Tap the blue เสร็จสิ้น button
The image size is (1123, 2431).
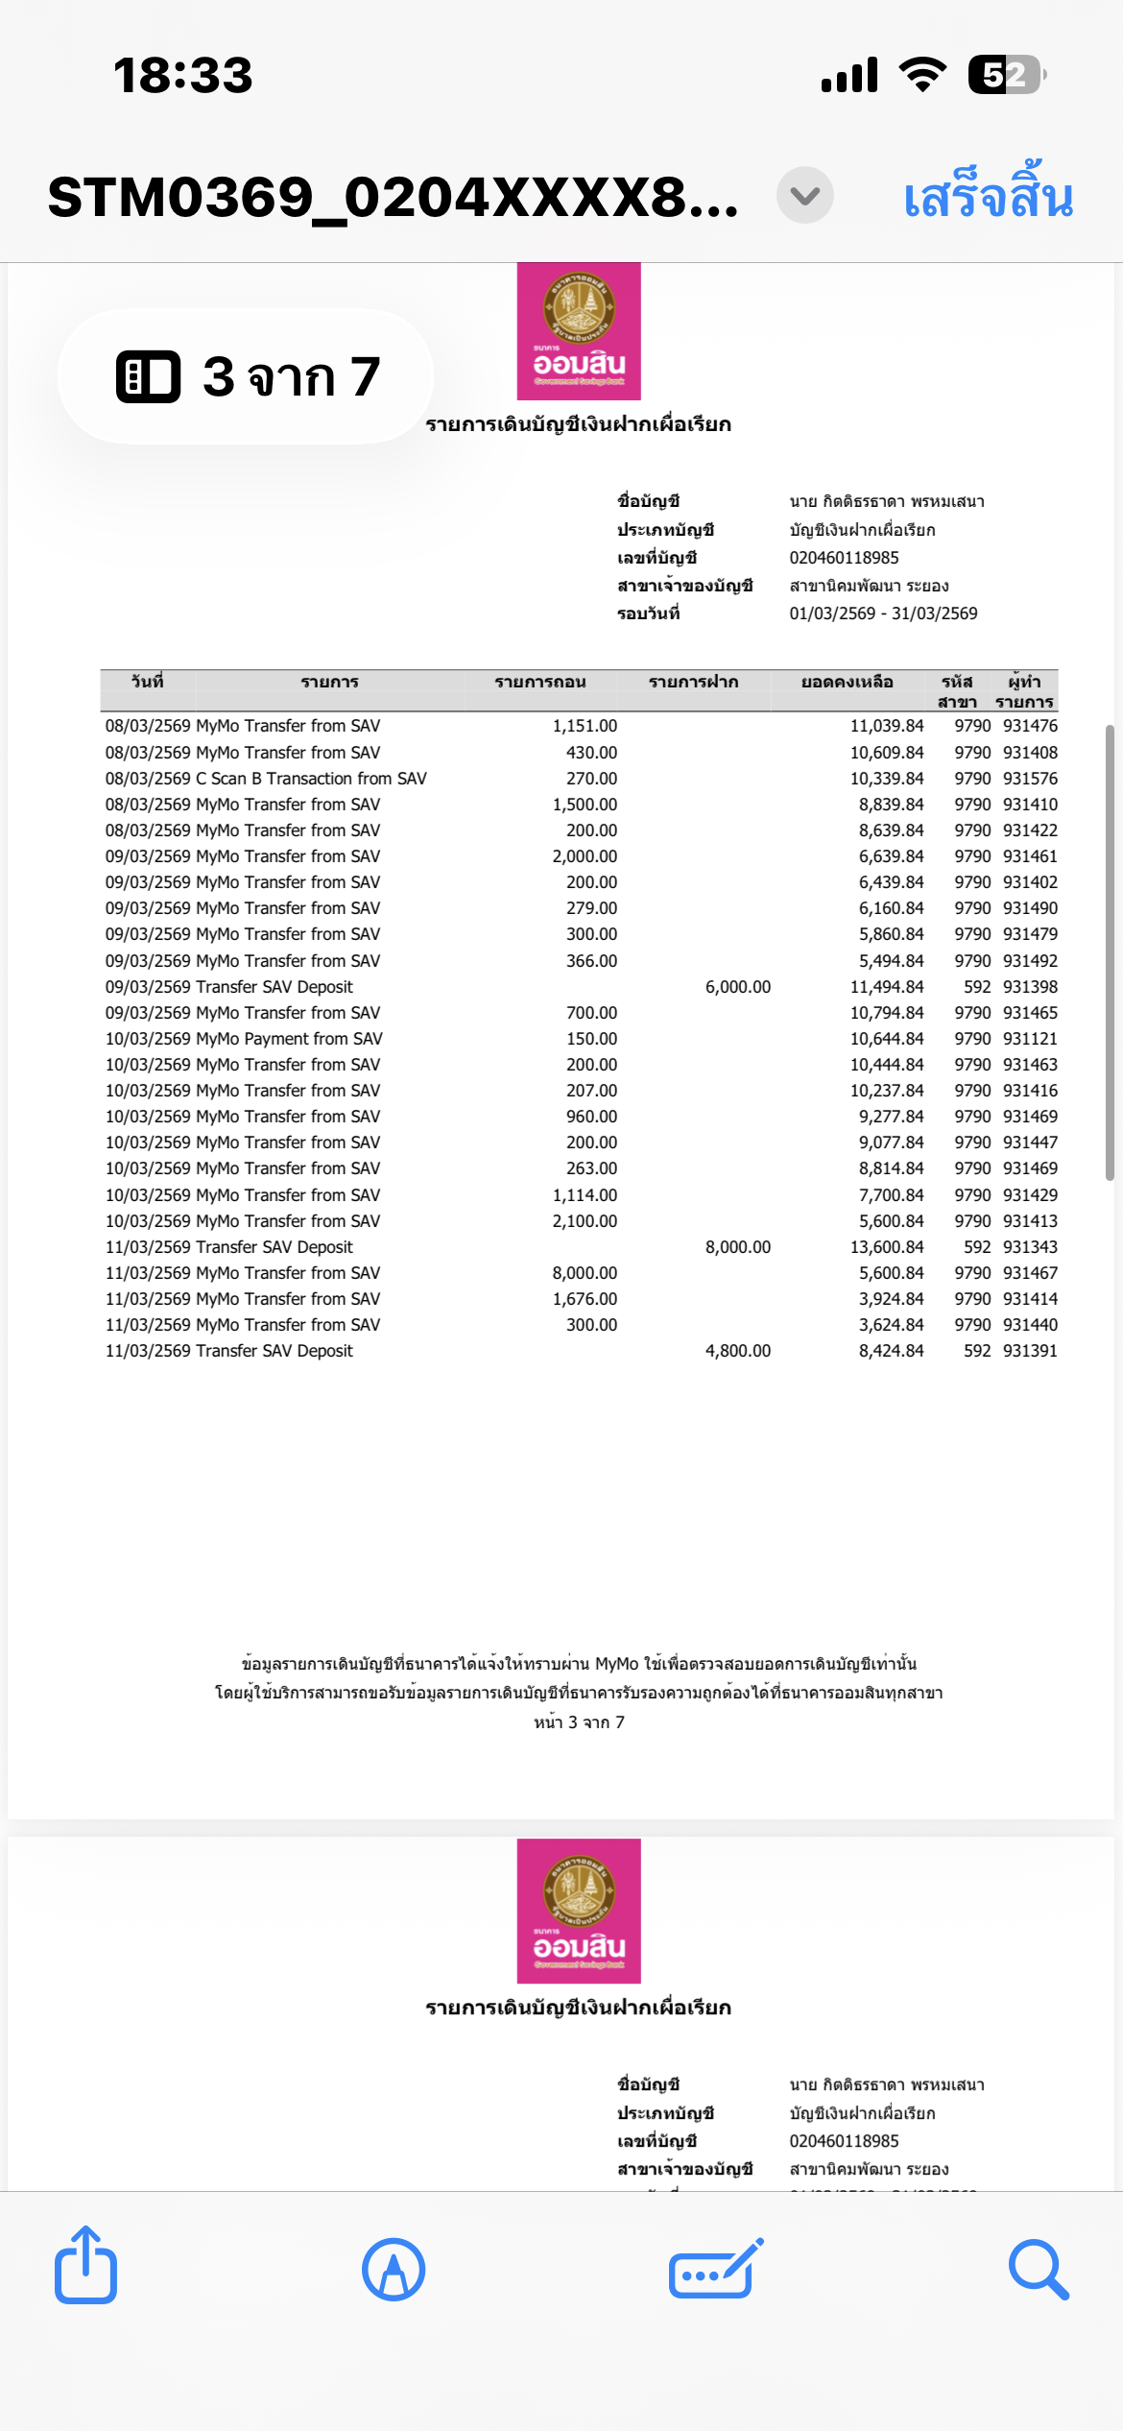point(988,197)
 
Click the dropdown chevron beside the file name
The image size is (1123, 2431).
point(804,196)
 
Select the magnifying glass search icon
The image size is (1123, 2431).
point(1039,2270)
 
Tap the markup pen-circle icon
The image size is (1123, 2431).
point(394,2270)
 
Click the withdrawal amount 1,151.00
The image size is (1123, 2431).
point(585,727)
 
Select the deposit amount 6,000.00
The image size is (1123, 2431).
point(737,987)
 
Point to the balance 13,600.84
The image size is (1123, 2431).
point(886,1247)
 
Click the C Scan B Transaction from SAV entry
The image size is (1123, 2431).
point(311,779)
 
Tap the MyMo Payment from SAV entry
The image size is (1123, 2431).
point(289,1039)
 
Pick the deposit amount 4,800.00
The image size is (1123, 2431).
point(737,1351)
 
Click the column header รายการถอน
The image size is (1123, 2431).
point(539,683)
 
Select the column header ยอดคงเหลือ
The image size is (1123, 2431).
point(847,683)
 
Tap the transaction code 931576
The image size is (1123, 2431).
point(1030,779)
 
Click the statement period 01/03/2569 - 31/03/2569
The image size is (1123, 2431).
point(883,614)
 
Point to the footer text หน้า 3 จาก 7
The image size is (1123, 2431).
point(579,1722)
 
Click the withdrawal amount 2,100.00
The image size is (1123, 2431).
point(585,1221)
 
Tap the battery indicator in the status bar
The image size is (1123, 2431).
point(1005,75)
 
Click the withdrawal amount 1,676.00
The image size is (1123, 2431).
point(585,1299)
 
